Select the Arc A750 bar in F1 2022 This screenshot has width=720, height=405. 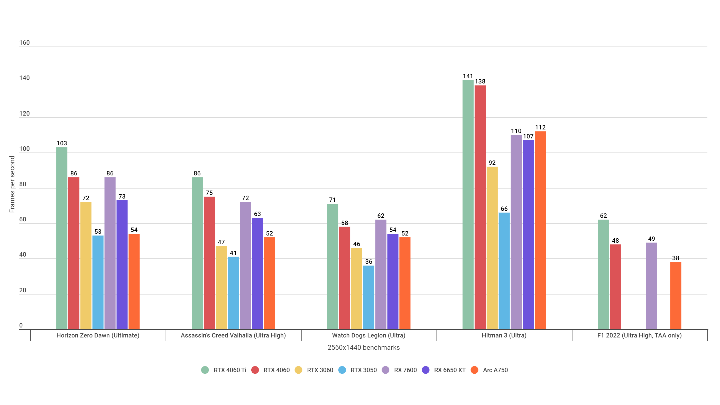click(x=676, y=296)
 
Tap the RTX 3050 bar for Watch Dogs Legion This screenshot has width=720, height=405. click(x=369, y=297)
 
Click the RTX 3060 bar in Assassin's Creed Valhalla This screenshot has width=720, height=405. click(x=221, y=288)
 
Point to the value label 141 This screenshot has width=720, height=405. click(x=468, y=76)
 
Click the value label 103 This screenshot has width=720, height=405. click(x=62, y=143)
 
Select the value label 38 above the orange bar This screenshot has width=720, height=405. click(x=676, y=258)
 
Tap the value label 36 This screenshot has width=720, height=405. click(x=369, y=262)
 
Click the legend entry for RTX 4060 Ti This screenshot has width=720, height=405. click(x=224, y=370)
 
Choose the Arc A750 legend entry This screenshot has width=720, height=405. click(x=490, y=370)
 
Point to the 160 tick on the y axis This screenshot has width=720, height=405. click(x=24, y=43)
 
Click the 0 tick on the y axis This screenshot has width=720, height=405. click(x=21, y=325)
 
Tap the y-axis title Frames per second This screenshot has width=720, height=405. click(x=12, y=184)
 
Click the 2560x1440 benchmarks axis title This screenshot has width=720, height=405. click(x=363, y=347)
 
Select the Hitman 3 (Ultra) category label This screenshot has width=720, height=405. click(x=504, y=335)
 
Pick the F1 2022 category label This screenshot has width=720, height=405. click(x=639, y=335)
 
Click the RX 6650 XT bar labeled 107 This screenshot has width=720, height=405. click(x=528, y=235)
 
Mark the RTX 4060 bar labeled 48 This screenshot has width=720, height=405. click(x=615, y=287)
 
